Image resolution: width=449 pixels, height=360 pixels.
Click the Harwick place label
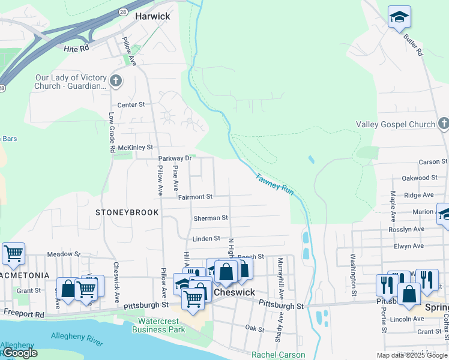click(152, 16)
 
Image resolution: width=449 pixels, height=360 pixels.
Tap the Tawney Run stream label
click(274, 184)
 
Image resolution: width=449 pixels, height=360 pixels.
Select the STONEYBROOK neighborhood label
click(127, 212)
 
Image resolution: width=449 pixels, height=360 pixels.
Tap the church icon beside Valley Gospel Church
click(443, 124)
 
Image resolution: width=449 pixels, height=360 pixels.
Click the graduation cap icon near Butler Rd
click(399, 17)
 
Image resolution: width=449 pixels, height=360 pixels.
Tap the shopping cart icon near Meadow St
click(13, 253)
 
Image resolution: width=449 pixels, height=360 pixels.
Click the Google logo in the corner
click(19, 353)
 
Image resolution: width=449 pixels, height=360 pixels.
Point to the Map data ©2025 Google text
click(412, 355)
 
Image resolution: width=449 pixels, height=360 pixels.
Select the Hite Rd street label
click(76, 46)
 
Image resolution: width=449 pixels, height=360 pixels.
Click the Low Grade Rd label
click(112, 132)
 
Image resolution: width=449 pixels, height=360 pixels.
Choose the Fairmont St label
click(195, 197)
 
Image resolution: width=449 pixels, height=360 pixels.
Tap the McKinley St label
click(135, 147)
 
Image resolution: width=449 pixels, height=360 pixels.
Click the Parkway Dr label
click(174, 158)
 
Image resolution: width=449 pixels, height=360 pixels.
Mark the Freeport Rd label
click(24, 313)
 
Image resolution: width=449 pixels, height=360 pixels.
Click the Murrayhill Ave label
click(280, 278)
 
